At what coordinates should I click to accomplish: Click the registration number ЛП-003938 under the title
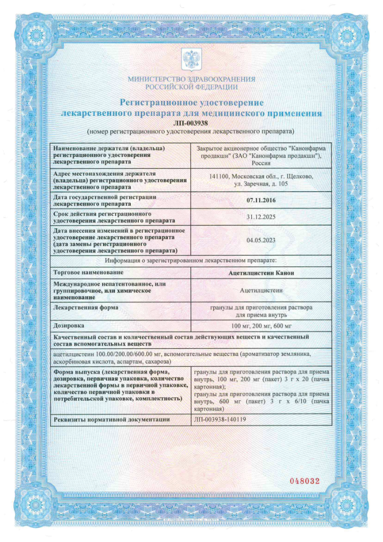pos(191,123)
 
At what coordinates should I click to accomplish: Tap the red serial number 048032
pos(304,481)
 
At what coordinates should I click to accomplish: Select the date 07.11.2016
pos(260,200)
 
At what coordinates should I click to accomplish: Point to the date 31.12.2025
pos(260,217)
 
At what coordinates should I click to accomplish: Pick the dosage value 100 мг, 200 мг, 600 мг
pos(260,325)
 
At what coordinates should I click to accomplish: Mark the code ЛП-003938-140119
pos(219,419)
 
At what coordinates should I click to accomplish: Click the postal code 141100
pos(219,177)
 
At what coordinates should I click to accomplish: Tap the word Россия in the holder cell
pos(260,164)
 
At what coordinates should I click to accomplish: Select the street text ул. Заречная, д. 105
pos(260,184)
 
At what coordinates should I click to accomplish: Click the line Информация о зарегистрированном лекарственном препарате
pos(191,261)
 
